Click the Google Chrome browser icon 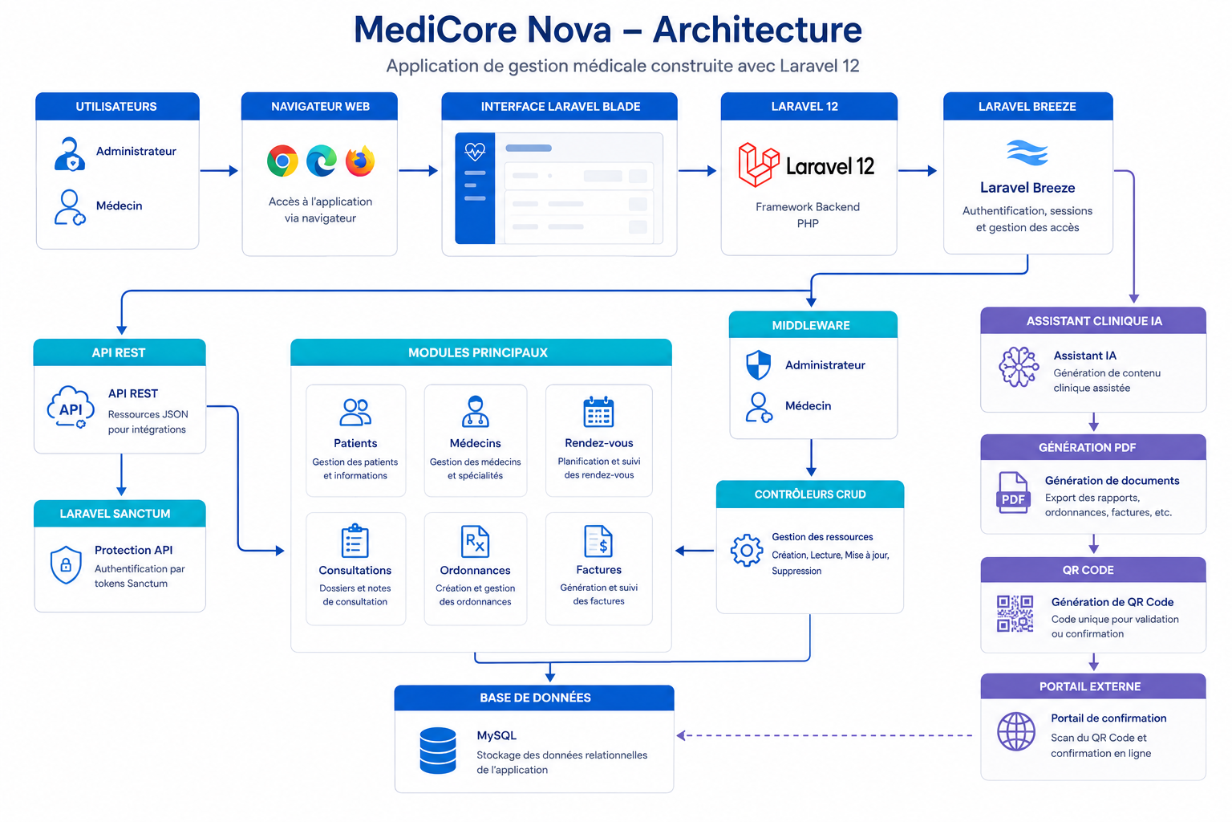pyautogui.click(x=282, y=161)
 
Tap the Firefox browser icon pyautogui.click(x=360, y=161)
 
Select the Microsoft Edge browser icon pyautogui.click(x=322, y=161)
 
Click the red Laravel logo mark pyautogui.click(x=759, y=165)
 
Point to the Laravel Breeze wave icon pyautogui.click(x=1027, y=153)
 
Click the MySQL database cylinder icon pyautogui.click(x=438, y=751)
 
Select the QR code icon pyautogui.click(x=1015, y=613)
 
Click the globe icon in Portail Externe pyautogui.click(x=1016, y=731)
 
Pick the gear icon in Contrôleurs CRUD pyautogui.click(x=747, y=550)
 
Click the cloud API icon pyautogui.click(x=71, y=408)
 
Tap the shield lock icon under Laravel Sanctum pyautogui.click(x=66, y=564)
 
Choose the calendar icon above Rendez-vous pyautogui.click(x=598, y=412)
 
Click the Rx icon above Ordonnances pyautogui.click(x=475, y=542)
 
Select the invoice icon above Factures pyautogui.click(x=598, y=541)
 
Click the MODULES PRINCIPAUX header pyautogui.click(x=478, y=353)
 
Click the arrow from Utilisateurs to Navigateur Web pyautogui.click(x=219, y=171)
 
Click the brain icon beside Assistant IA pyautogui.click(x=1019, y=367)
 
